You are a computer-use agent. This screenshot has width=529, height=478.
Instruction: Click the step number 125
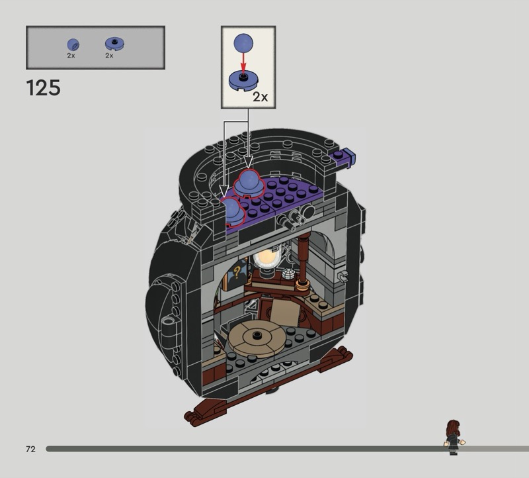(x=43, y=88)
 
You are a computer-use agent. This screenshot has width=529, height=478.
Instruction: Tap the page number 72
(x=30, y=449)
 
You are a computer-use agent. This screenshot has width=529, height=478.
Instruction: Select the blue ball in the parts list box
(x=73, y=45)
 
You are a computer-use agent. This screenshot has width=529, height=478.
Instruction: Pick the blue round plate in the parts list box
(x=114, y=44)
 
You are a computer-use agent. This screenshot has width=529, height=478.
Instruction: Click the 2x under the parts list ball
(x=71, y=56)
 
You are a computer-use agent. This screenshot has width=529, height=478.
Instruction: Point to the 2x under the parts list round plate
(x=109, y=56)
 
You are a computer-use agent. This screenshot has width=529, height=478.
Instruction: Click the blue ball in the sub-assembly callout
(x=243, y=43)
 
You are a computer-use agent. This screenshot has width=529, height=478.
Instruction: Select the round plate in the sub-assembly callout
(x=243, y=81)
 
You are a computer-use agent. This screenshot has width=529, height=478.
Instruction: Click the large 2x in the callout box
(x=260, y=97)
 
